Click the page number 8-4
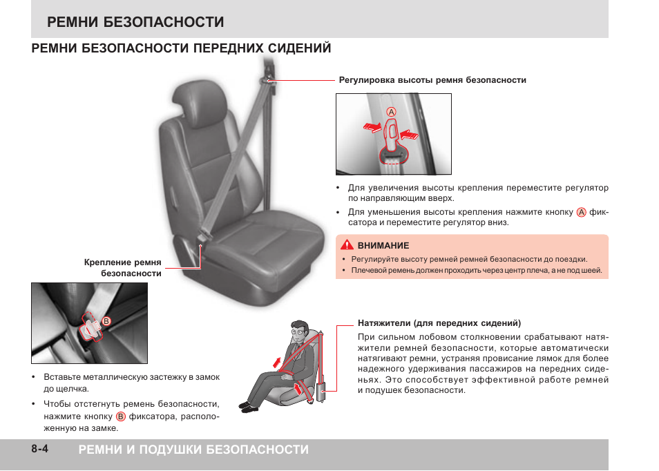click(39, 449)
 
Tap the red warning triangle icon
click(347, 244)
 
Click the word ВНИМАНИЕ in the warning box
click(383, 245)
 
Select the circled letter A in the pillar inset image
click(391, 112)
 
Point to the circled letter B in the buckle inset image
click(106, 321)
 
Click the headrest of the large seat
click(200, 101)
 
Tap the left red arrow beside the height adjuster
click(372, 127)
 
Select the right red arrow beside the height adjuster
click(410, 135)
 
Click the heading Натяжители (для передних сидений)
click(439, 323)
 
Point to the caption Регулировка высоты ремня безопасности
click(432, 80)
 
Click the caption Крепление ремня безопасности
click(123, 268)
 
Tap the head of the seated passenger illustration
click(299, 331)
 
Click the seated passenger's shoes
click(249, 407)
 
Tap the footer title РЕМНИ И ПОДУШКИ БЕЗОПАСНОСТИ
click(193, 450)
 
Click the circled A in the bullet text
click(581, 212)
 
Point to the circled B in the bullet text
click(121, 416)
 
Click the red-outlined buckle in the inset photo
click(92, 327)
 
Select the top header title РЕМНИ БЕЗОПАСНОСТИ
click(135, 22)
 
